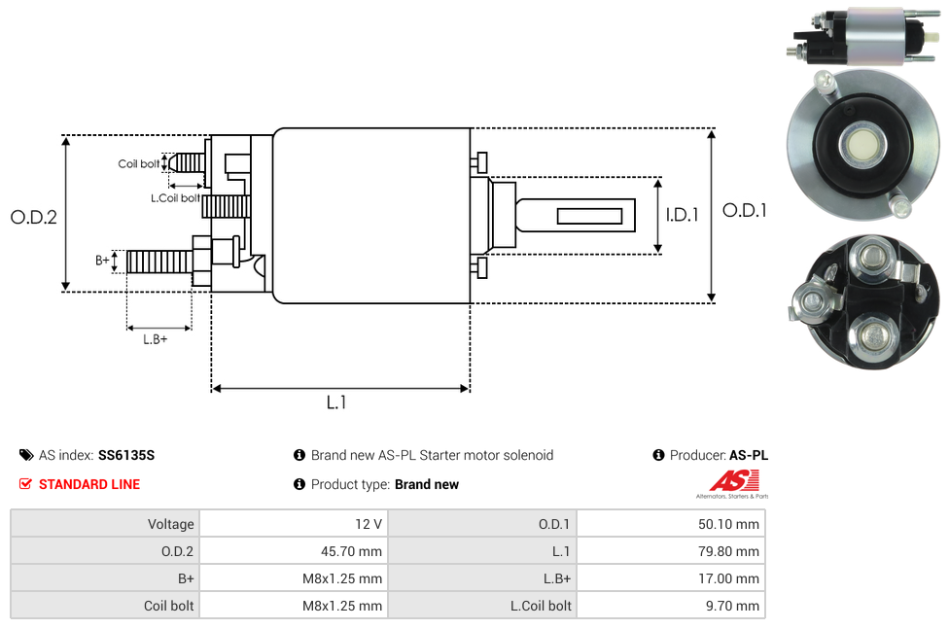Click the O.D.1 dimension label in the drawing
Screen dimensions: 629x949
[x=744, y=210]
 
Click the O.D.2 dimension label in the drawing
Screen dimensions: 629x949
[x=34, y=218]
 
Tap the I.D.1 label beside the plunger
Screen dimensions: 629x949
[x=683, y=216]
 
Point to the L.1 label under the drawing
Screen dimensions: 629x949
[x=335, y=402]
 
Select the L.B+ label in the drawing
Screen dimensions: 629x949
[x=156, y=339]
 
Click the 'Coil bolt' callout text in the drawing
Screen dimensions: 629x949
[x=138, y=163]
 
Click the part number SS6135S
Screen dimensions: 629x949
[x=126, y=455]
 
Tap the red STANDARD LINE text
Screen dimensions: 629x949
[x=89, y=484]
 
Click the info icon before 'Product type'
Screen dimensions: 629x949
[x=299, y=484]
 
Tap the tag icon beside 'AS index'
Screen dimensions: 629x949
[x=25, y=455]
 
